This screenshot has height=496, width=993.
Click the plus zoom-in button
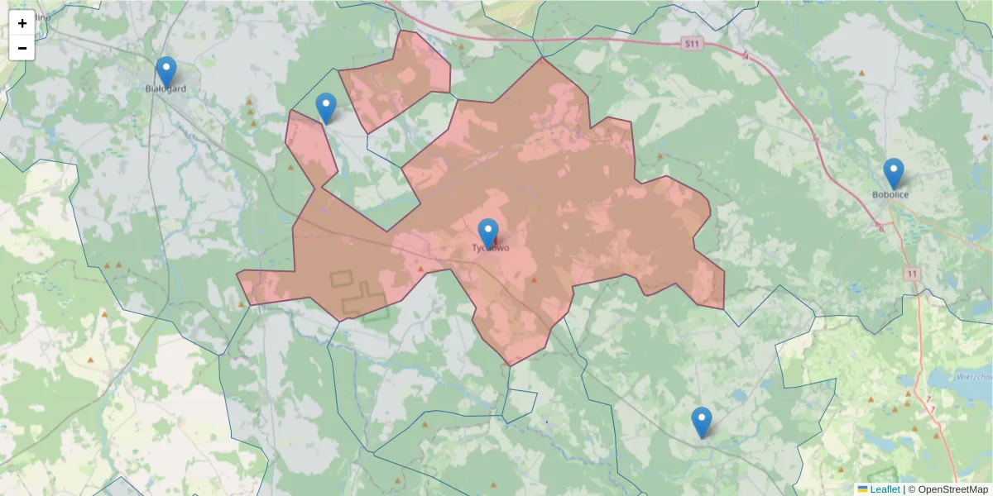[x=22, y=23]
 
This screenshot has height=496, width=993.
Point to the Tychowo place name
[x=490, y=248]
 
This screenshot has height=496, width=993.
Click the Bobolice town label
[x=890, y=195]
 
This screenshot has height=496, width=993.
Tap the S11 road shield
[x=693, y=42]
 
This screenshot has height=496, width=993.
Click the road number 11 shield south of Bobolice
[x=912, y=274]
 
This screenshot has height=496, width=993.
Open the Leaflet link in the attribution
[x=885, y=489]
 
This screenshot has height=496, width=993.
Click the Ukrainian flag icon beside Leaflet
[x=863, y=489]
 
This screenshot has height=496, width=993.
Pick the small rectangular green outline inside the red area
[x=340, y=279]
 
